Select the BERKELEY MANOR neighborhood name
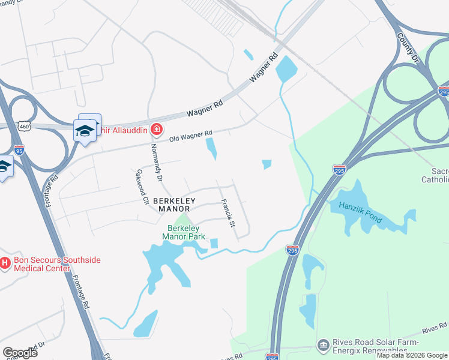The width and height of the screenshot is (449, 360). point(171,205)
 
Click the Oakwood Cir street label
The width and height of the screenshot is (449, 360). point(143,187)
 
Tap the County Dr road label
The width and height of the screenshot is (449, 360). point(408,47)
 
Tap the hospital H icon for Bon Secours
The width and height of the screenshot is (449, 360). point(5,263)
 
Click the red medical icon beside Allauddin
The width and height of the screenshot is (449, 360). point(157,129)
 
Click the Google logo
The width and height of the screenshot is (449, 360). point(20,352)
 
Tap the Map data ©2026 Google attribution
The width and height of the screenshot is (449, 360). point(412,355)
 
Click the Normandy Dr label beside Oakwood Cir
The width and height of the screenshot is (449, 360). point(157,163)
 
